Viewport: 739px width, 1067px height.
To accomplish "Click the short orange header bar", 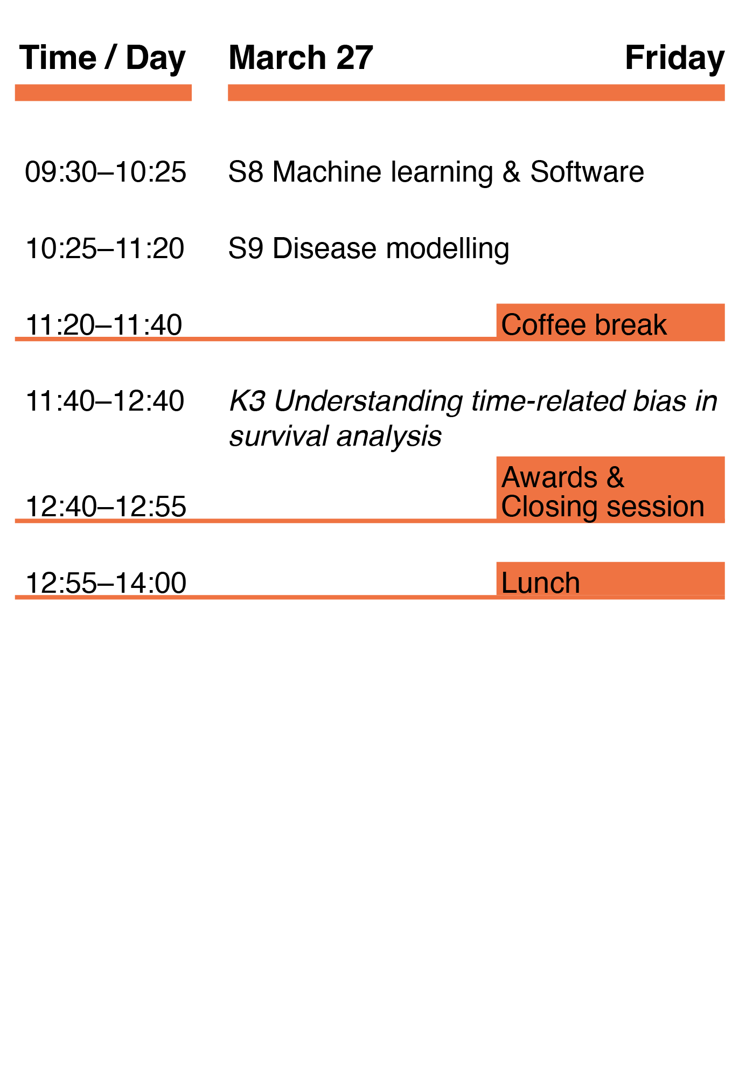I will (x=103, y=93).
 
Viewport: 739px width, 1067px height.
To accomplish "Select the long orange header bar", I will (x=476, y=93).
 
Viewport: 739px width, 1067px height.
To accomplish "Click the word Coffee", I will (x=543, y=324).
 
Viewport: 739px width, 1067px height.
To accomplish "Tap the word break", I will (x=631, y=324).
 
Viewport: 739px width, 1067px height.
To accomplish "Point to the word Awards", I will (x=549, y=477).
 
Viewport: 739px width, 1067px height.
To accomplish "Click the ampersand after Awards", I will (x=615, y=477).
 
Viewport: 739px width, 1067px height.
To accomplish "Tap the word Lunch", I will (x=540, y=583).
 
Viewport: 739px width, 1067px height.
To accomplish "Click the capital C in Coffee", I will (x=512, y=324).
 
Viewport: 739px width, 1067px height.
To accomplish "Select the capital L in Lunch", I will (x=507, y=583).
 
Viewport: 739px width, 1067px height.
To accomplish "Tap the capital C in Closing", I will (x=512, y=507).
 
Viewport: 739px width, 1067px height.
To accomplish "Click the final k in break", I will (x=660, y=324).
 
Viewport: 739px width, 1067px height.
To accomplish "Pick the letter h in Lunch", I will (x=573, y=583).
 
